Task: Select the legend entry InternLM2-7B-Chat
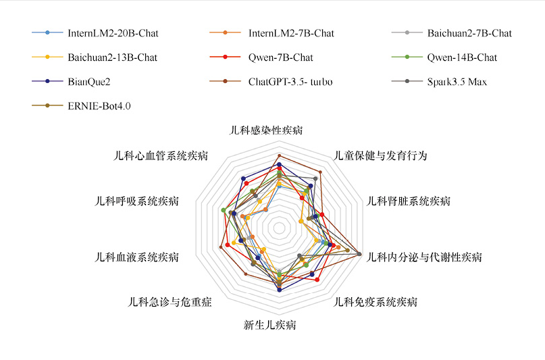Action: pyautogui.click(x=290, y=33)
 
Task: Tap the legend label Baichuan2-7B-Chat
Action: pyautogui.click(x=469, y=33)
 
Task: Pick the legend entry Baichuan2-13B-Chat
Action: pyautogui.click(x=112, y=57)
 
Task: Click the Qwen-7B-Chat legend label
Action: pyautogui.click(x=280, y=57)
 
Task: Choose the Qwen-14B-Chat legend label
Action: pyautogui.click(x=461, y=57)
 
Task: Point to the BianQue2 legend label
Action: pyautogui.click(x=89, y=82)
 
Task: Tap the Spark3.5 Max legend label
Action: pyautogui.click(x=457, y=82)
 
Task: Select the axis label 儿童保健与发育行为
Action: pyautogui.click(x=381, y=155)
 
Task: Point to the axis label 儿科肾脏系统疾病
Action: pyautogui.click(x=408, y=201)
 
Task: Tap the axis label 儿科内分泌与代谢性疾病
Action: pyautogui.click(x=424, y=257)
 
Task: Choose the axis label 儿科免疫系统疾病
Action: pyautogui.click(x=376, y=302)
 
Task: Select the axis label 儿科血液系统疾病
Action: pyautogui.click(x=137, y=257)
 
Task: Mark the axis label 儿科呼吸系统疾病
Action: pyautogui.click(x=137, y=201)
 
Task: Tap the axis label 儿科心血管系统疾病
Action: pyautogui.click(x=161, y=155)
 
